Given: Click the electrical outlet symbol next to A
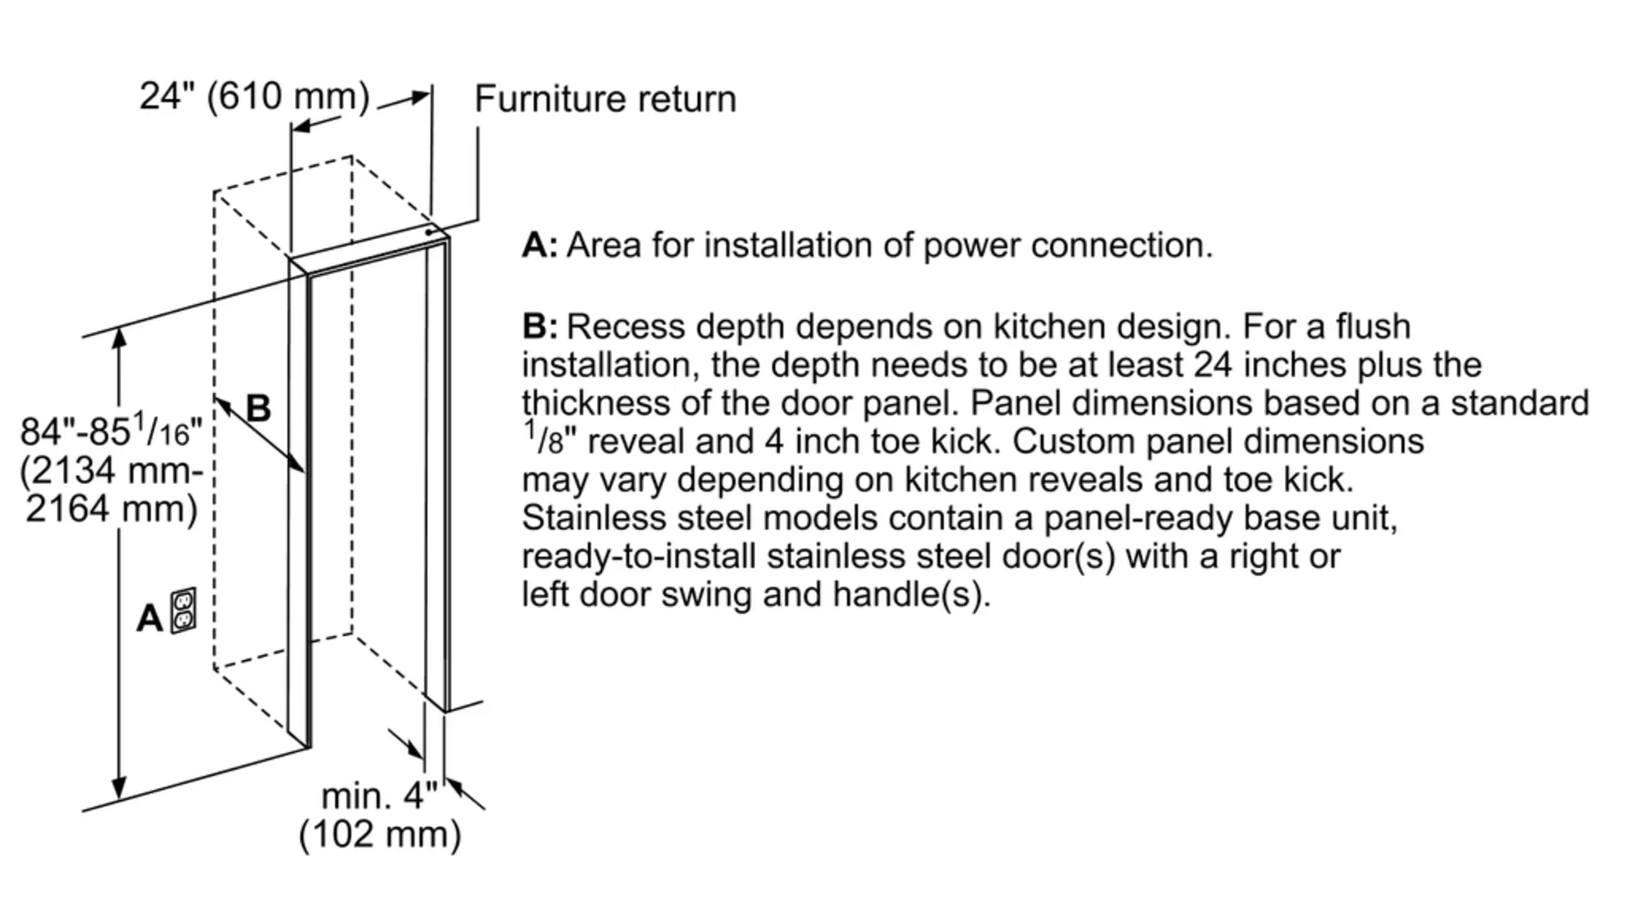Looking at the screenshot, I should coord(183,610).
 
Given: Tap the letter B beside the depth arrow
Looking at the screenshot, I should coord(258,409).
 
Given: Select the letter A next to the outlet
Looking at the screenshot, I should coord(150,619).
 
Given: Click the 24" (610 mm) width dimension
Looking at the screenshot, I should coord(254,96).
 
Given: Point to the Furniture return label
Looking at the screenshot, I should coord(605,99).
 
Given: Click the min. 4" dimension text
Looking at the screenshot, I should coord(379,796).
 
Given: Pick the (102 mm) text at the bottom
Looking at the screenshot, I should coord(380,834).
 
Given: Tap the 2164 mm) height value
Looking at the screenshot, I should coord(111,508).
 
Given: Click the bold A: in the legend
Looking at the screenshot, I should coord(539,246).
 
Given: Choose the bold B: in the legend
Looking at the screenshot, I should coord(539,327).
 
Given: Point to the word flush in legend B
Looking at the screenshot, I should coord(1373,327).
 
